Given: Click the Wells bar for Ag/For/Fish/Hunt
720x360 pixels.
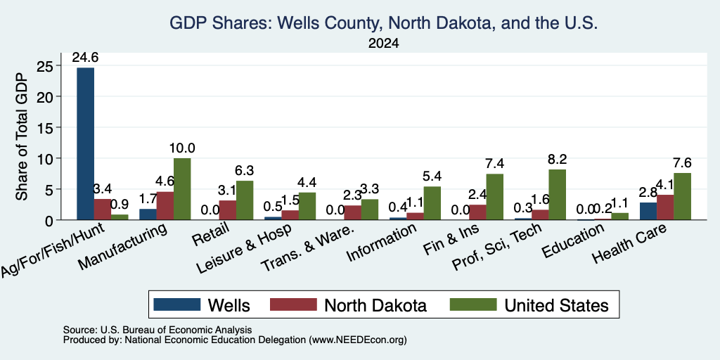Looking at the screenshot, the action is (x=85, y=143).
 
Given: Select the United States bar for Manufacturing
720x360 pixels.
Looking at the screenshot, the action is (x=182, y=189).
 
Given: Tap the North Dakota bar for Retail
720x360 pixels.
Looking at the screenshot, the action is (x=228, y=210).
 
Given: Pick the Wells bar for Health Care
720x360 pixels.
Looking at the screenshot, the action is (x=648, y=211).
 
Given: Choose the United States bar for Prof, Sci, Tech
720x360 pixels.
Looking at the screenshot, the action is (x=557, y=195).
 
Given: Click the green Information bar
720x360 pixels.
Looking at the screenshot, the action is (x=432, y=203).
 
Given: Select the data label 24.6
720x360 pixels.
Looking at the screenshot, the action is (x=85, y=58).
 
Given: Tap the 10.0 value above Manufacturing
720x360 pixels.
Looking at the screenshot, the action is (x=182, y=148).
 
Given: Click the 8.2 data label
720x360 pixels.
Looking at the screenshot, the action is (x=557, y=160).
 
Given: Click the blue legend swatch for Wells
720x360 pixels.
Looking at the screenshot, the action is (x=176, y=304).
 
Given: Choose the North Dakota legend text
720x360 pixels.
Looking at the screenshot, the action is (x=375, y=305).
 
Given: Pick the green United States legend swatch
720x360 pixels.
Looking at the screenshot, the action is (x=473, y=304).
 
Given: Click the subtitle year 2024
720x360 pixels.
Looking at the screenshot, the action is (x=383, y=44).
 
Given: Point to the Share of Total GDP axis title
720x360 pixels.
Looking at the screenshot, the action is (x=22, y=136).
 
